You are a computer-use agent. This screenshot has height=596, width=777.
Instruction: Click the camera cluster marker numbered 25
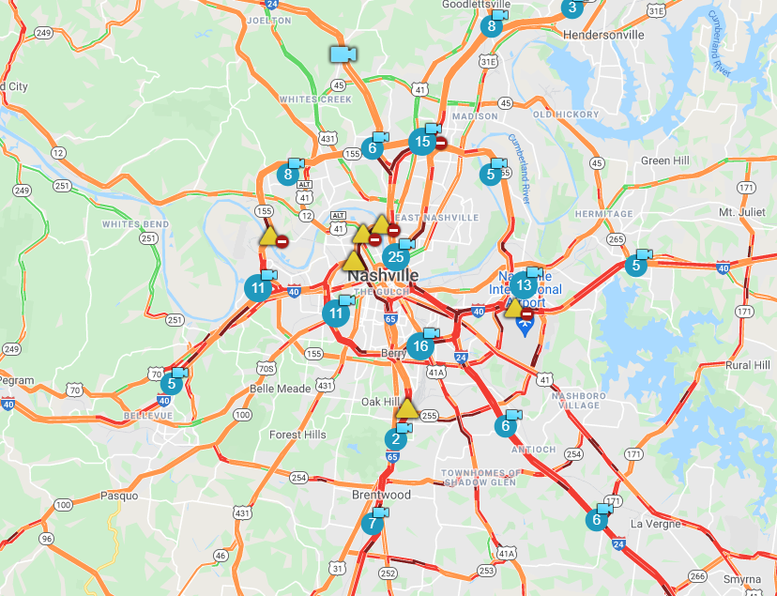pos(395,256)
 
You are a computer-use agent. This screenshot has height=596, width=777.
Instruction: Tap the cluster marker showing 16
pos(420,345)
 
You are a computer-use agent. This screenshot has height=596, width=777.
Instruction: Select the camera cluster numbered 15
pos(422,143)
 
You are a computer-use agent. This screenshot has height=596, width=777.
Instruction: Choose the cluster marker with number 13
pos(524,284)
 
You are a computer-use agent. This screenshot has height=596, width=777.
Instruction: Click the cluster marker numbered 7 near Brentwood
pos(372,524)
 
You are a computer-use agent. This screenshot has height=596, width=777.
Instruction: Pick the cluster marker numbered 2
pos(396,438)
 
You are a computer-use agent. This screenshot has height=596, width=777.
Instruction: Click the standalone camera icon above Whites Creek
pos(342,53)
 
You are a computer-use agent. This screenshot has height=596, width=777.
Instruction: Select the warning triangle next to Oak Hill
pos(406,409)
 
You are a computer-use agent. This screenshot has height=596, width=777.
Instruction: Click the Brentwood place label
pos(381,495)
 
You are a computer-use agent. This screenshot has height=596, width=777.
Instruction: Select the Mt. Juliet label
pos(740,212)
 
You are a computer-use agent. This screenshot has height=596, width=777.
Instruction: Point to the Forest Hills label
pos(297,435)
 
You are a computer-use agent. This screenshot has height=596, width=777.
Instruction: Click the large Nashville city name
pos(383,277)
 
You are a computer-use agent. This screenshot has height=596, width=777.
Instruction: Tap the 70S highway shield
pos(266,368)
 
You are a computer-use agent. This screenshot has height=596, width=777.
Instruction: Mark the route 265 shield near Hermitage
pos(616,239)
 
